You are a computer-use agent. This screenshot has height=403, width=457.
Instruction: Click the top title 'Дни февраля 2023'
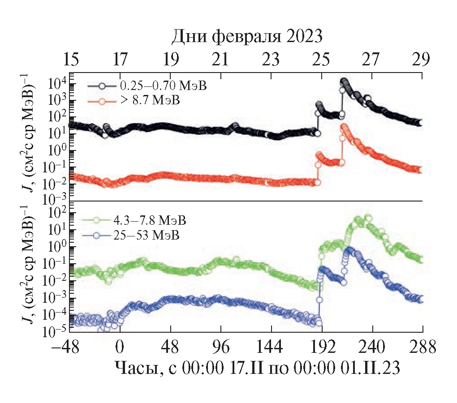tap(247, 36)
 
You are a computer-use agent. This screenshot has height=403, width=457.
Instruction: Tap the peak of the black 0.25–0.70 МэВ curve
tap(344, 81)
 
